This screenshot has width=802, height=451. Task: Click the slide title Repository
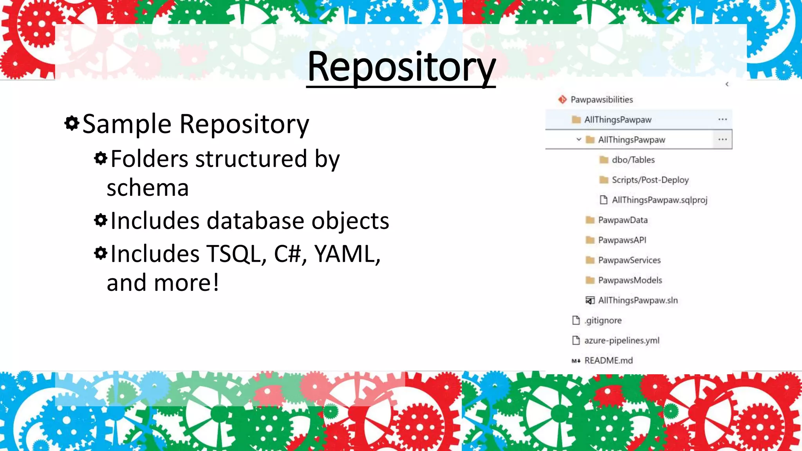pos(401,67)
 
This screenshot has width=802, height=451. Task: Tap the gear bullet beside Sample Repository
pos(72,123)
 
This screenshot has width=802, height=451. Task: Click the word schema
pos(148,188)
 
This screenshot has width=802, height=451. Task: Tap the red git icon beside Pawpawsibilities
pos(562,99)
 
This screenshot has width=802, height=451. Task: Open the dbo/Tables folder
pos(633,160)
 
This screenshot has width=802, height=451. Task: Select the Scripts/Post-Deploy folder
pos(650,180)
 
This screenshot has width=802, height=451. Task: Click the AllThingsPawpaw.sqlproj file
pos(659,200)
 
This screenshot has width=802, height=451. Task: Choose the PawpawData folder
pos(623,220)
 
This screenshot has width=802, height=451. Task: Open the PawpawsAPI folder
pos(622,240)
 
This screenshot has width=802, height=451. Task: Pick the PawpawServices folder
pos(629,260)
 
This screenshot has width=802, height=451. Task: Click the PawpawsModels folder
pos(630,280)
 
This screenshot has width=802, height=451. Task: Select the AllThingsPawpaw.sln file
pos(638,300)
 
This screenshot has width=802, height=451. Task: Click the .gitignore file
pos(603,320)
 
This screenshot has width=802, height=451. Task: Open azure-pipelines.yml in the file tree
pos(621,340)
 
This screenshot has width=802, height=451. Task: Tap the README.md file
pos(608,361)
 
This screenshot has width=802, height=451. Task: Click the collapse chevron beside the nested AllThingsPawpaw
pos(579,139)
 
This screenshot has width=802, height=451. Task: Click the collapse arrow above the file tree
pos(727,84)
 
